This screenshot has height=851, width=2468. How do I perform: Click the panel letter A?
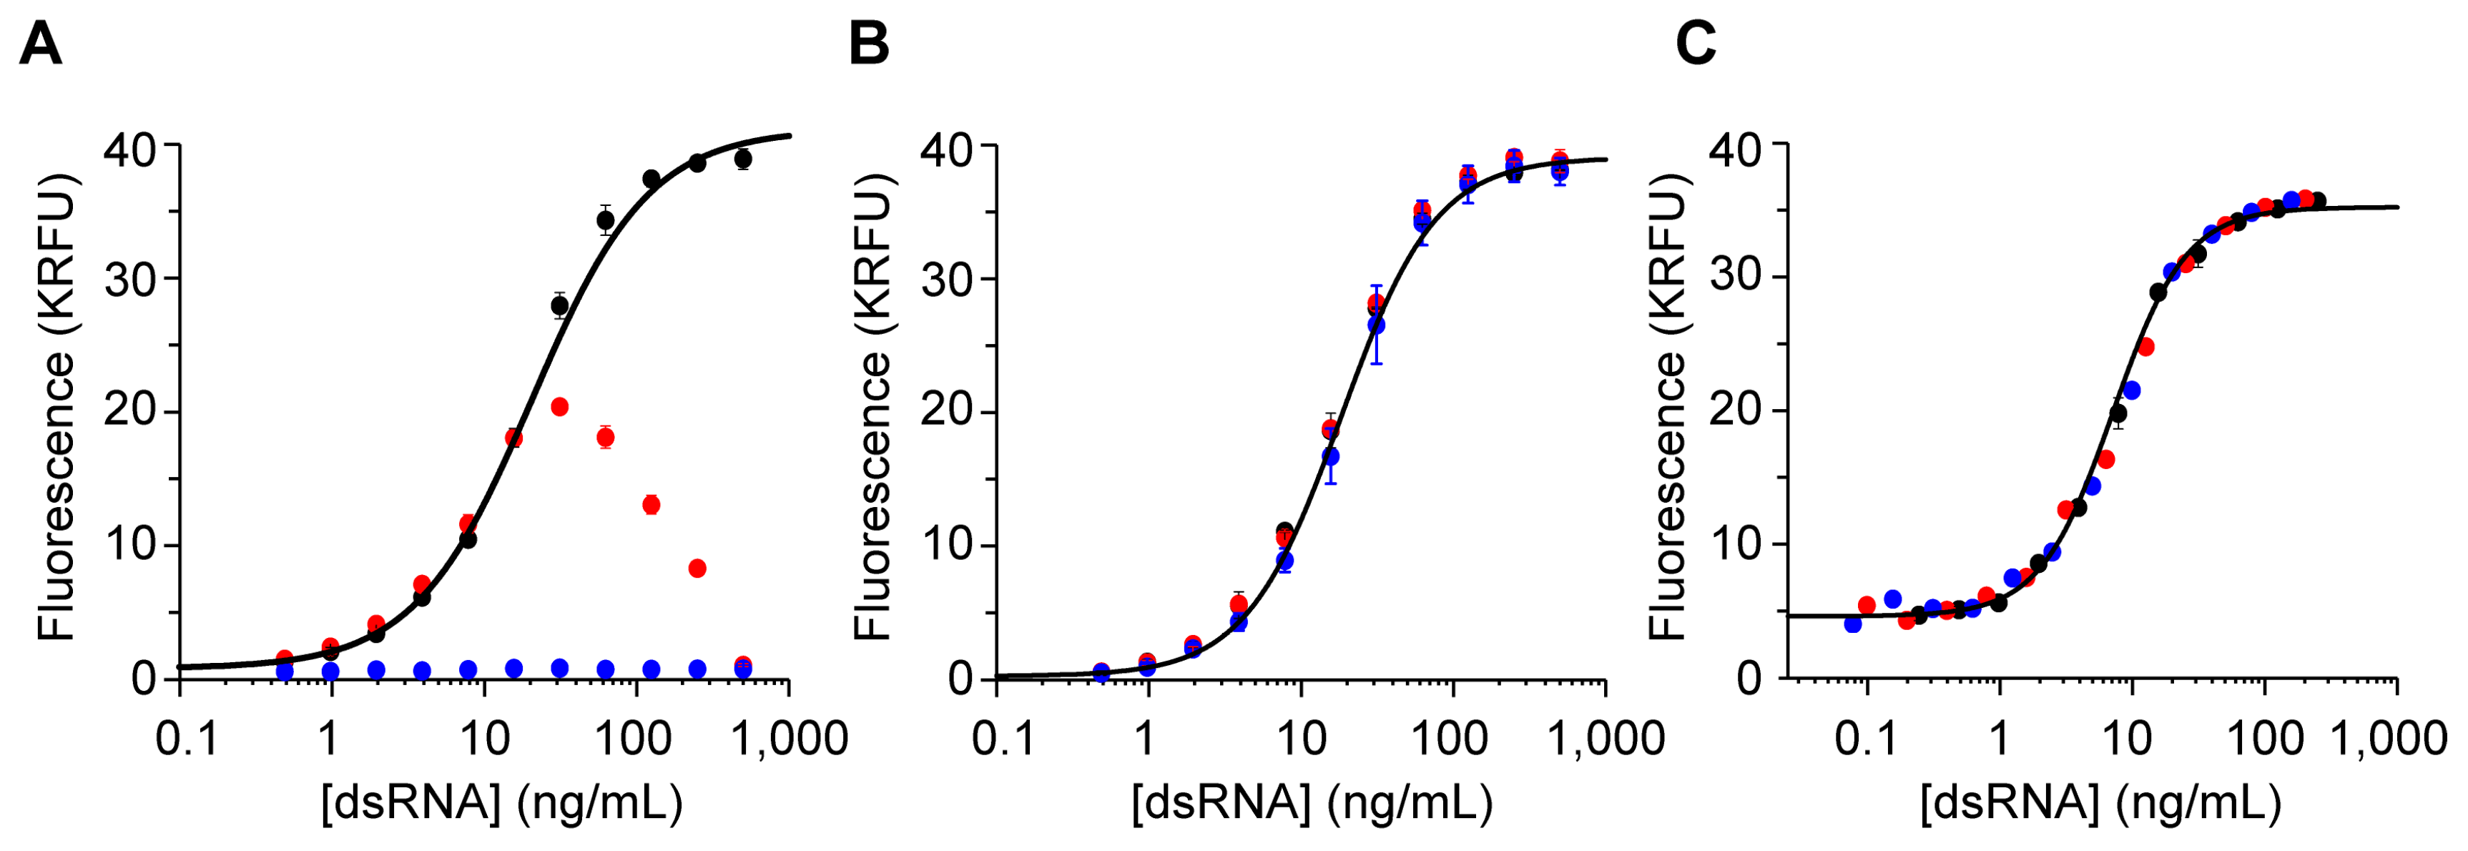pos(40,44)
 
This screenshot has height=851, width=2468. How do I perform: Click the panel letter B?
pos(869,44)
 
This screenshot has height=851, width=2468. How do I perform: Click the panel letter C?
pos(1695,44)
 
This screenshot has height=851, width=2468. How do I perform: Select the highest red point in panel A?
pos(559,408)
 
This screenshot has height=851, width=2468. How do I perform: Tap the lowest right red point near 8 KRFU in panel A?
pos(697,569)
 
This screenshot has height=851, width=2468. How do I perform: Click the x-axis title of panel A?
pos(502,803)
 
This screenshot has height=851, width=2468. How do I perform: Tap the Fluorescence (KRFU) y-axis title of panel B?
pos(872,408)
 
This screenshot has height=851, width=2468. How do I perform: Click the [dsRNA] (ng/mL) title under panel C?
pos(2100,803)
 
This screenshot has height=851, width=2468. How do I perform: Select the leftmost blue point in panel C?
pos(1853,624)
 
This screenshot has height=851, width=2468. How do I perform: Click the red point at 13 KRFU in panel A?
pos(652,505)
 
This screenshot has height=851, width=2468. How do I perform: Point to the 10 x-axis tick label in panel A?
pos(485,739)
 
